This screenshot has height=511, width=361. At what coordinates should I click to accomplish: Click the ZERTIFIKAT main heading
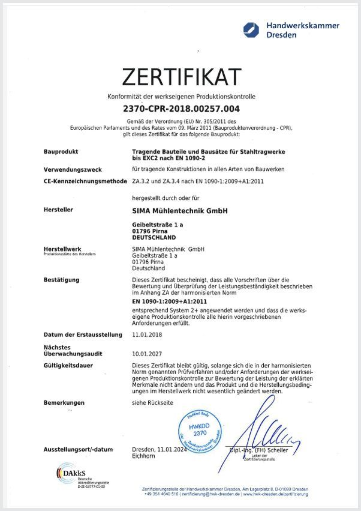pyautogui.click(x=181, y=77)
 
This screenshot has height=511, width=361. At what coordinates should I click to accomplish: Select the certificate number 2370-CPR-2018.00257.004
pyautogui.click(x=181, y=109)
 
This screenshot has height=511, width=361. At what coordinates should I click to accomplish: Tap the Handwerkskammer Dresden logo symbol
pyautogui.click(x=250, y=29)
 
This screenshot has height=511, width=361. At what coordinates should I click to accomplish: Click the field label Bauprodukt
pyautogui.click(x=61, y=152)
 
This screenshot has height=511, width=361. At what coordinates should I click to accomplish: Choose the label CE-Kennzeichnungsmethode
pyautogui.click(x=84, y=180)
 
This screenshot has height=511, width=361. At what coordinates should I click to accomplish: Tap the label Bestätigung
pyautogui.click(x=62, y=279)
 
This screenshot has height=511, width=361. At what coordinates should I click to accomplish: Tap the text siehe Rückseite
pyautogui.click(x=152, y=402)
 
